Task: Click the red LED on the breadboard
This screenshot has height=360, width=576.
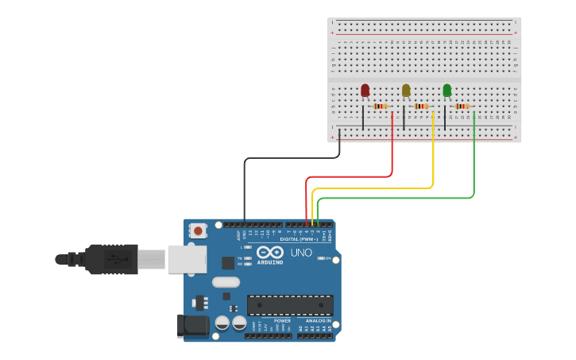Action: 365,91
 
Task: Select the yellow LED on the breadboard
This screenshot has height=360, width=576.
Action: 406,91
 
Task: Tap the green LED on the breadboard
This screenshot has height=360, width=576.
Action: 446,91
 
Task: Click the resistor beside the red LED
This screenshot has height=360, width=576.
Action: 381,106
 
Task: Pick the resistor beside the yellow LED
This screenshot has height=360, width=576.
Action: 421,106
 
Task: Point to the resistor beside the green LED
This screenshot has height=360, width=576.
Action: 462,106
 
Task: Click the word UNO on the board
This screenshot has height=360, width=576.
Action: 301,252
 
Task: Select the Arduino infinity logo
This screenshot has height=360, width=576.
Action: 270,252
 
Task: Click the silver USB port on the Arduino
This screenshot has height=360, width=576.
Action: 187,259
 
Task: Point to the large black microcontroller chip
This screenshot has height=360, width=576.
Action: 290,305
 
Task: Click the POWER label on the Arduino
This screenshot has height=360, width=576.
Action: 282,321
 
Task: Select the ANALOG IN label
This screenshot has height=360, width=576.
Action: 318,321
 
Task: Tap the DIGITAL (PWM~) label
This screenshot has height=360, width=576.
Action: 299,238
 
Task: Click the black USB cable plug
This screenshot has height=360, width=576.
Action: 111,259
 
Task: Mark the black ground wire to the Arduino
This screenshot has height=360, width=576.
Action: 245,191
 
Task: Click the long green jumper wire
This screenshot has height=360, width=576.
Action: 397,198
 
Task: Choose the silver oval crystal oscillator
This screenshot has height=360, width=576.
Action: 226,281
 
